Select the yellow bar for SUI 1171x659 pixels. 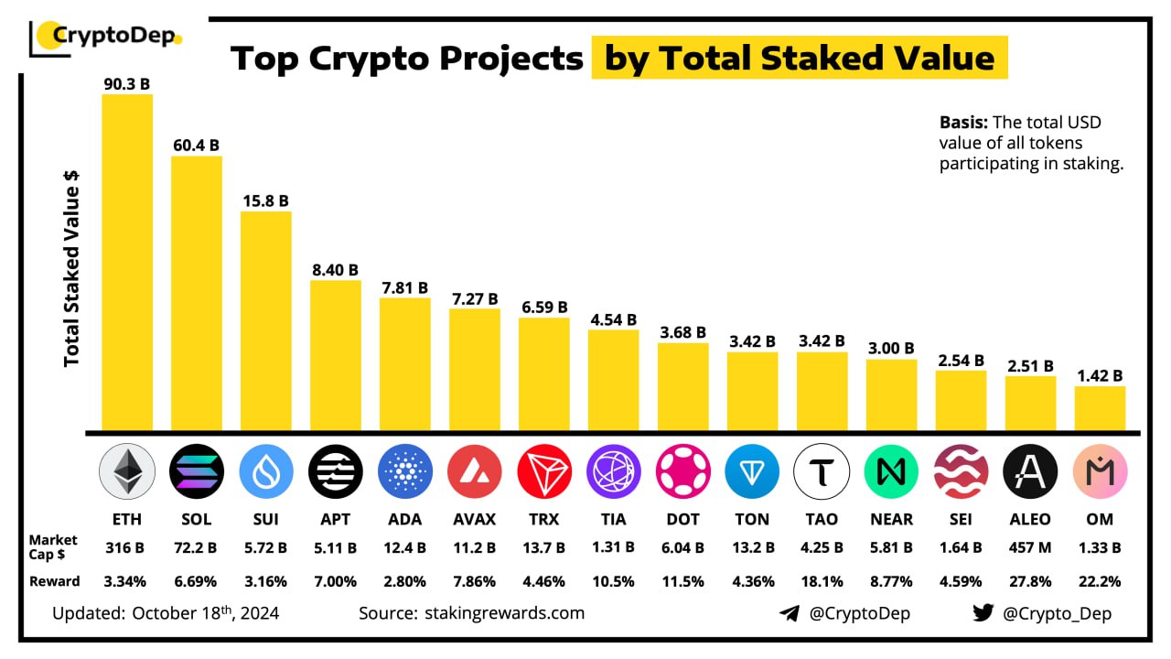tap(266, 320)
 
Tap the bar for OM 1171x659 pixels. tap(1100, 408)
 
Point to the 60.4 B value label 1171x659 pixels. tap(196, 145)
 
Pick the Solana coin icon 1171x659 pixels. tap(196, 472)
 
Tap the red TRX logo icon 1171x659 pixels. tap(543, 472)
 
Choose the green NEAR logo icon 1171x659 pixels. tap(891, 472)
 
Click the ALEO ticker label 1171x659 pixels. tap(1030, 519)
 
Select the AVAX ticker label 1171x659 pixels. tap(474, 519)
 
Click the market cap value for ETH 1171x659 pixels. tap(126, 548)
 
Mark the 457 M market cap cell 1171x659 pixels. tap(1030, 548)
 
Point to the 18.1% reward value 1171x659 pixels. tap(822, 581)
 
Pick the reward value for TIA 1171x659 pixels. tap(613, 581)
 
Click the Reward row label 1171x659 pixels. tap(54, 581)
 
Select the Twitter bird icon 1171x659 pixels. tap(983, 613)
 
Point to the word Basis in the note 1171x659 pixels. tap(963, 123)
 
